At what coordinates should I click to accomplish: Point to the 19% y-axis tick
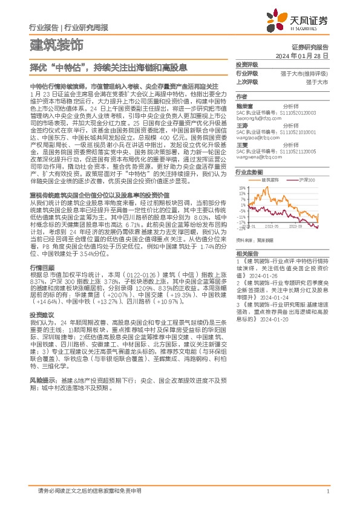click(x=241, y=188)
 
